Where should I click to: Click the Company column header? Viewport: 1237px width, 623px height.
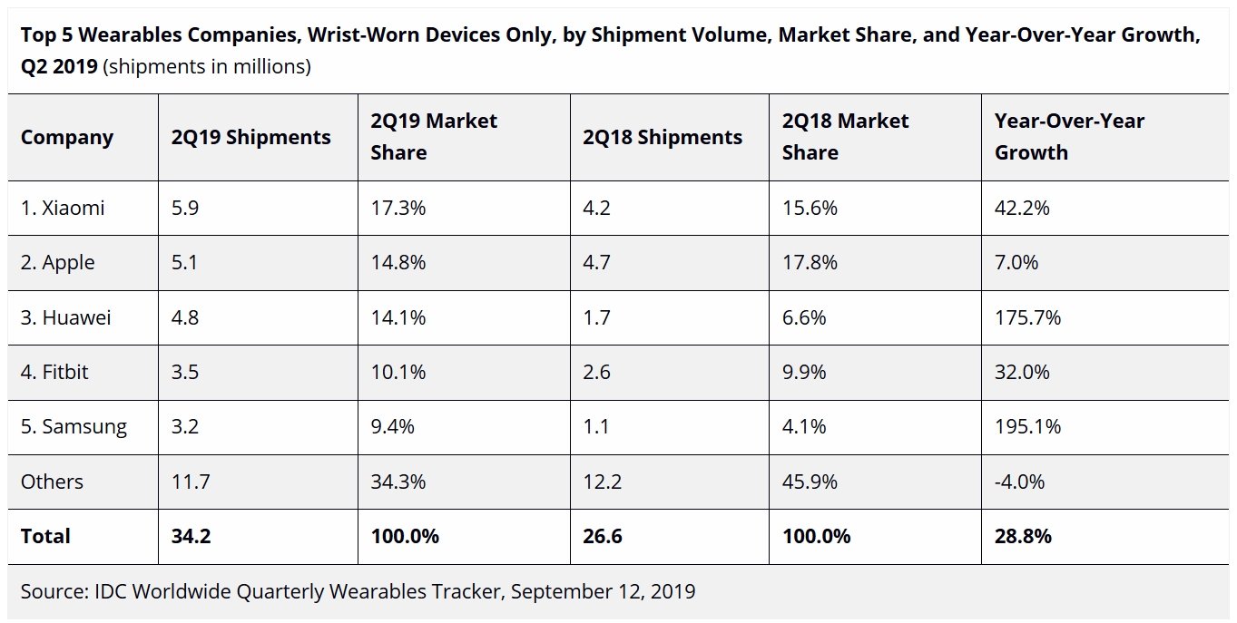click(x=67, y=137)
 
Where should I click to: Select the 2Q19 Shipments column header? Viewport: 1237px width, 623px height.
click(x=250, y=137)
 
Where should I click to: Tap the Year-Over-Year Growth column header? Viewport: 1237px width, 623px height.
click(x=1070, y=137)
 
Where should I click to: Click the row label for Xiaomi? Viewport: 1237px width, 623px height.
click(x=63, y=208)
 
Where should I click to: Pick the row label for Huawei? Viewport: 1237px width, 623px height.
click(x=66, y=317)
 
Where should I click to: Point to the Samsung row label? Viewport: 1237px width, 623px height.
click(x=74, y=426)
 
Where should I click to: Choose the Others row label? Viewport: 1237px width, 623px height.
click(x=52, y=482)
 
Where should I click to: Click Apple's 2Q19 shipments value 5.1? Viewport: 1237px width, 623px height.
click(x=185, y=263)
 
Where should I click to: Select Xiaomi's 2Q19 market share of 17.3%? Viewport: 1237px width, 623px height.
click(x=398, y=208)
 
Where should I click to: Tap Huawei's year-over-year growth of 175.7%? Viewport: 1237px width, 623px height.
click(x=1028, y=317)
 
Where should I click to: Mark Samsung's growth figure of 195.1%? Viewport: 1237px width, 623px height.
click(x=1028, y=426)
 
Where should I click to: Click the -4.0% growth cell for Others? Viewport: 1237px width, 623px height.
click(x=1020, y=482)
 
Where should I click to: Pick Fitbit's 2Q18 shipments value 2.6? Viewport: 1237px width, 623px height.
click(x=597, y=372)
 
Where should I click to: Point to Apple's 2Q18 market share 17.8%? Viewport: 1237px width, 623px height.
click(x=810, y=263)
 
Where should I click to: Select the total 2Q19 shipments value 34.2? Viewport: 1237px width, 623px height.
click(x=191, y=536)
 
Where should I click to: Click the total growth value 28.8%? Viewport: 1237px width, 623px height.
click(x=1024, y=536)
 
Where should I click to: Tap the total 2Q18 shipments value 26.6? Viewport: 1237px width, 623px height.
click(x=604, y=536)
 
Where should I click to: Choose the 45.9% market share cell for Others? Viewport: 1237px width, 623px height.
click(x=810, y=482)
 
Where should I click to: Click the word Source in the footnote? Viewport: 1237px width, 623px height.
click(x=53, y=591)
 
